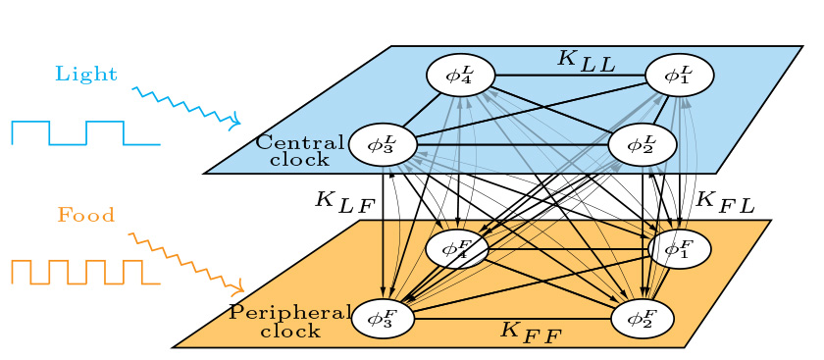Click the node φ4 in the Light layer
[460, 75]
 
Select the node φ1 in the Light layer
[679, 75]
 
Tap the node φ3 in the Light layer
[383, 145]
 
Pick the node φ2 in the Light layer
[643, 145]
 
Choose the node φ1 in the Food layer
[677, 249]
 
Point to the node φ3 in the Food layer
[382, 318]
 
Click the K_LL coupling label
[586, 60]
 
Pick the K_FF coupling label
[531, 331]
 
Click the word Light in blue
[86, 74]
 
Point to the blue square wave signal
[85, 133]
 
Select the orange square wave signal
[85, 273]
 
